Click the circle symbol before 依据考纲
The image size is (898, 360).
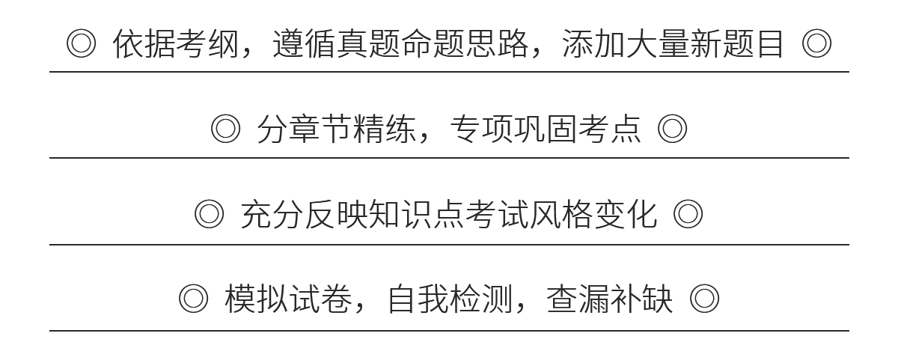[x=81, y=44]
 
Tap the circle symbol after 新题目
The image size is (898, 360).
[x=816, y=44]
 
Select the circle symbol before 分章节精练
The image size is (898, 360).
[x=225, y=129]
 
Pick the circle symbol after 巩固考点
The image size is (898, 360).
[x=672, y=129]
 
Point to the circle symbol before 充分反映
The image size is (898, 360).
[x=209, y=216]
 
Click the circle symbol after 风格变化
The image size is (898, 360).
[x=688, y=216]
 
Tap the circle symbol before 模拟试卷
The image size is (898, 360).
[x=193, y=300]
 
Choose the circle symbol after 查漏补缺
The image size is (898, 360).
[x=704, y=300]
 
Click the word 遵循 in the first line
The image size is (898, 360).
[x=304, y=45]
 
